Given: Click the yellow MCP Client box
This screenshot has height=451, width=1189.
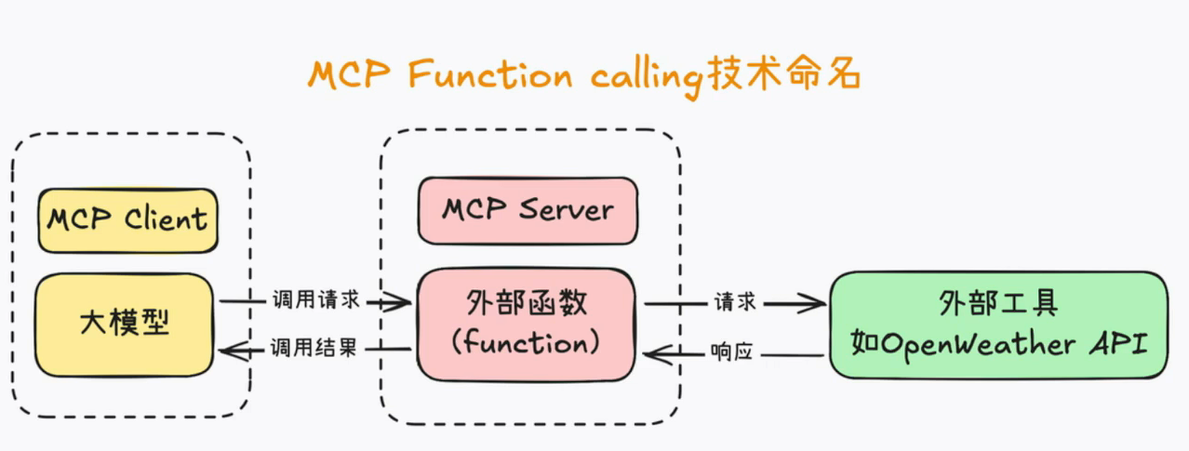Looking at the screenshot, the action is click(x=127, y=220).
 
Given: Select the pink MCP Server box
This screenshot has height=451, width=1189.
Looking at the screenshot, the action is click(x=528, y=211).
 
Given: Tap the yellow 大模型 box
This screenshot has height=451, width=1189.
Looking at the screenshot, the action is click(x=125, y=325).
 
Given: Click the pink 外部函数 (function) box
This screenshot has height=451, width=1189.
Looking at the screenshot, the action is click(x=526, y=325).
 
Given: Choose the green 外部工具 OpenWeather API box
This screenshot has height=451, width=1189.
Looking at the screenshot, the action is click(x=999, y=325).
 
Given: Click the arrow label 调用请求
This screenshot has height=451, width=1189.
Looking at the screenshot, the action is click(x=316, y=299).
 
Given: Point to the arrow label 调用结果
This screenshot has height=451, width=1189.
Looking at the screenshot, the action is click(x=314, y=348).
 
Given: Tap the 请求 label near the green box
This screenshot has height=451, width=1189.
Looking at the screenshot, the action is click(x=735, y=302).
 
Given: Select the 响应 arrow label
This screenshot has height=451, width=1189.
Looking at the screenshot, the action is click(x=732, y=352).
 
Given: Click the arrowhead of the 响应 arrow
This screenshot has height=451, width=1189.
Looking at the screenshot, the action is click(x=656, y=354).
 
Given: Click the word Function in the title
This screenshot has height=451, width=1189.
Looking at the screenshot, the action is click(x=490, y=74).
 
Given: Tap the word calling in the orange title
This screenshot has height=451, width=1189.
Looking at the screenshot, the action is click(x=648, y=77).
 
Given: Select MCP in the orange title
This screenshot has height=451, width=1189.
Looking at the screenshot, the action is click(x=349, y=74).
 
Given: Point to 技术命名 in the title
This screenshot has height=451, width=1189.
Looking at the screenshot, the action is click(x=784, y=73).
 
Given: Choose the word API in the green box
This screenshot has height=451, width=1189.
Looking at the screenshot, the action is click(x=1119, y=343).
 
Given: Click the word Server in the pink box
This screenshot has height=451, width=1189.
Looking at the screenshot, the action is click(x=567, y=209).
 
